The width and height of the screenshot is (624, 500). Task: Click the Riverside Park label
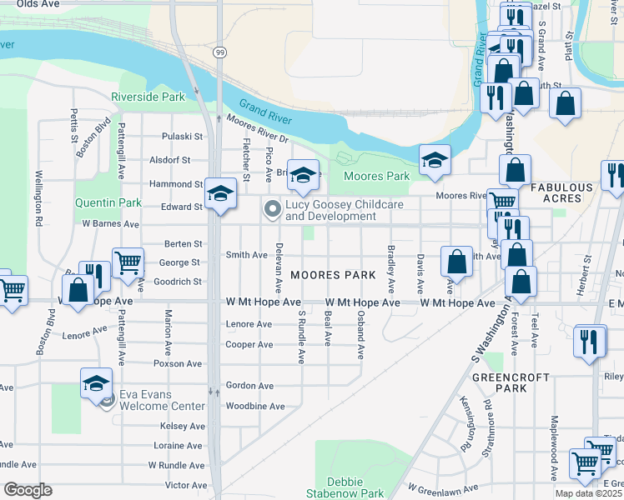click(x=148, y=97)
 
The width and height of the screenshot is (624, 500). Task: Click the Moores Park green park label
click(x=376, y=176)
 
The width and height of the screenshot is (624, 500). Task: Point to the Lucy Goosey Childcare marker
click(x=272, y=210)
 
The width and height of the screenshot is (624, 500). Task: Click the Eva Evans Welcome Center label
click(x=162, y=400)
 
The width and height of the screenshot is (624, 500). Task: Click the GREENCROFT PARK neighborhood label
click(x=522, y=382)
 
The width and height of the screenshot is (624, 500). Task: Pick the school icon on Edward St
click(x=220, y=193)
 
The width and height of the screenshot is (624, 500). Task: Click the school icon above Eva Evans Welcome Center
click(x=97, y=382)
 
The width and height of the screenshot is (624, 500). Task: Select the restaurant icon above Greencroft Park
click(x=590, y=340)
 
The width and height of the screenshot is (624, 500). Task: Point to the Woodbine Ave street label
click(x=255, y=407)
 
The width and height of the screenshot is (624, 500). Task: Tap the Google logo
click(x=28, y=490)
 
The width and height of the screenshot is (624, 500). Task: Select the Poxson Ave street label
click(x=183, y=364)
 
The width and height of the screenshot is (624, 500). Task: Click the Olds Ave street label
click(x=38, y=4)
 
